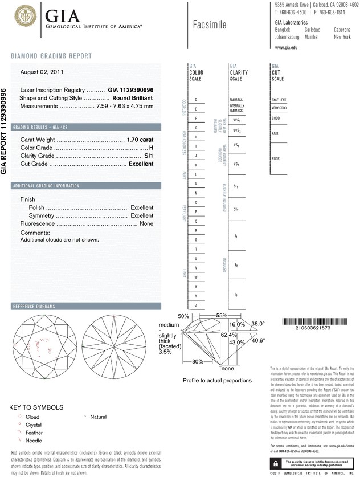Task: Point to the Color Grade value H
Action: coord(151,148)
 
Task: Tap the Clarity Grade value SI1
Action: coord(149,156)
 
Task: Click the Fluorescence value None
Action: coord(146,224)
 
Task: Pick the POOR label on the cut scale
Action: coord(276,158)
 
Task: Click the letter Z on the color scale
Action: coord(196,305)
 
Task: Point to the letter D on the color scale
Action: coord(196,100)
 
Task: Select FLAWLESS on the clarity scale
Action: coord(236,100)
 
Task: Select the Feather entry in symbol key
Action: coord(34,433)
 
